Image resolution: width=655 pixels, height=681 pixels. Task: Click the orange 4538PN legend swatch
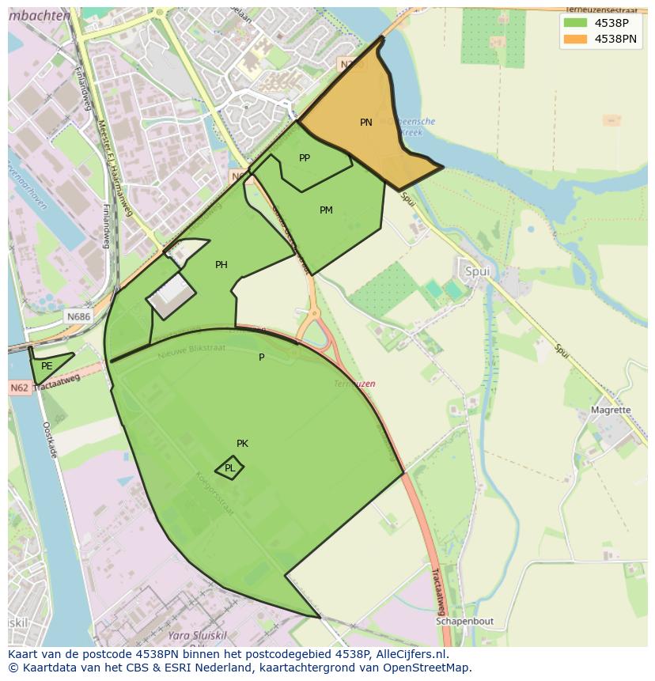(575, 39)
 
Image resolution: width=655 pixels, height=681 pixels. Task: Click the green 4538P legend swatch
(575, 23)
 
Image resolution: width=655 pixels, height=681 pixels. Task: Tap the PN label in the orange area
(365, 123)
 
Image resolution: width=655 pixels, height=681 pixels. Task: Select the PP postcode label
(305, 158)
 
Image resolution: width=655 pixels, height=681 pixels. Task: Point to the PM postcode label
(326, 210)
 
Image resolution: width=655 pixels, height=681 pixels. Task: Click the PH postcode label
(221, 265)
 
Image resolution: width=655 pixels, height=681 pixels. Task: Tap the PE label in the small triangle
(47, 366)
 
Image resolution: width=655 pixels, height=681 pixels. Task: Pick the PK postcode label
(242, 444)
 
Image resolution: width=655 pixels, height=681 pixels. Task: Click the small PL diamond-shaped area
(229, 468)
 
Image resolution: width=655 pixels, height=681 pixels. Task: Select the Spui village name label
(477, 271)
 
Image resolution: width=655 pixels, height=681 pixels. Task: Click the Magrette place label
(611, 410)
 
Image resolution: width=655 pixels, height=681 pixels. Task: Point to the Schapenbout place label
(464, 622)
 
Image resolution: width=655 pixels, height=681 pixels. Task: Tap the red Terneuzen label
(354, 384)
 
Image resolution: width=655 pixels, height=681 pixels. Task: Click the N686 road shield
(78, 316)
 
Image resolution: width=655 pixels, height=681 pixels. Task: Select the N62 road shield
(20, 388)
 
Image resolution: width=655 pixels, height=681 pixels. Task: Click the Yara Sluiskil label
(199, 636)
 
